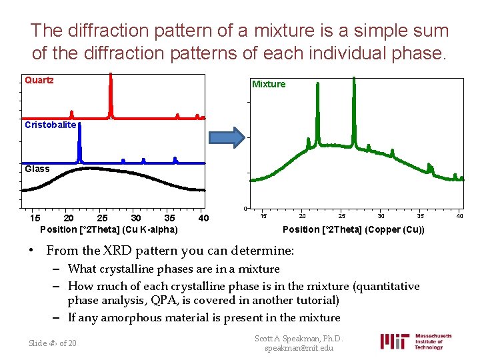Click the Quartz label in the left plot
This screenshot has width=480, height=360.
coord(39,80)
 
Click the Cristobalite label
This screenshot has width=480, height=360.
coord(51,125)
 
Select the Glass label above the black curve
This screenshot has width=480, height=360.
coord(37,169)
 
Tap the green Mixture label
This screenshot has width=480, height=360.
coord(269,84)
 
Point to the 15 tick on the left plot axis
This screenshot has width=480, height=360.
coord(35,218)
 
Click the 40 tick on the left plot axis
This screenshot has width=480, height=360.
coord(204,218)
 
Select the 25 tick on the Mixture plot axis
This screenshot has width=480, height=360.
coord(342,215)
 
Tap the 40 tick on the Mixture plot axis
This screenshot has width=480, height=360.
coord(459,215)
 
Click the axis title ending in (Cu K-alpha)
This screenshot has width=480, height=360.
coord(109,229)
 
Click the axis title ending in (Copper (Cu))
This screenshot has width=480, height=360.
coord(353,229)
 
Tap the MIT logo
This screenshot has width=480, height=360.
coord(395,341)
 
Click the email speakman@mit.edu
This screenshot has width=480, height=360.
coord(299,348)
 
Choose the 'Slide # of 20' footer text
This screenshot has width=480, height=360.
coord(53,343)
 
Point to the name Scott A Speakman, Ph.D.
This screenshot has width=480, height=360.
coord(299,338)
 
